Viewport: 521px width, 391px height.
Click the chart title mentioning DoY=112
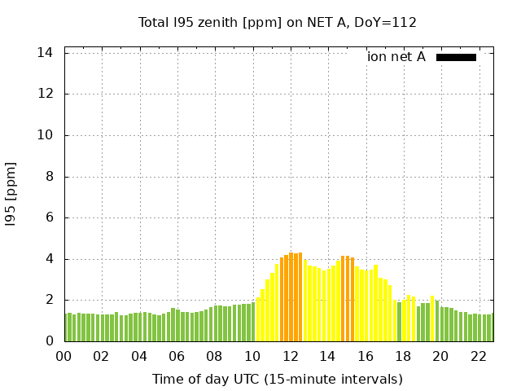coord(278,22)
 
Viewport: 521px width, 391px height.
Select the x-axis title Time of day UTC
coord(278,379)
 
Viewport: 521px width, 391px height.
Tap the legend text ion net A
coord(396,57)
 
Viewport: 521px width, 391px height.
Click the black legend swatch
coord(456,57)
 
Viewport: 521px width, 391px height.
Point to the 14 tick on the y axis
coord(46,52)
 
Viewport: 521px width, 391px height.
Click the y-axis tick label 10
coord(46,135)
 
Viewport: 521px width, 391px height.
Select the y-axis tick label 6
coord(49,217)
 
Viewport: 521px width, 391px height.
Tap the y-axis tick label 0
coord(49,341)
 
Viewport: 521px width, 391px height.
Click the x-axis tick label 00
coord(63,357)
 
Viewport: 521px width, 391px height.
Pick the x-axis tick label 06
coord(177,357)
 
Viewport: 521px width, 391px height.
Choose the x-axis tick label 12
coord(290,357)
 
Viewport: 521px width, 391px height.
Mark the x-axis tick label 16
coord(365,357)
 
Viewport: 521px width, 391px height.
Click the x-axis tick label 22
coord(478,357)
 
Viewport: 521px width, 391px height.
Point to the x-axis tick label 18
coord(402,357)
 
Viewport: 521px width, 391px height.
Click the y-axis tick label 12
coord(46,94)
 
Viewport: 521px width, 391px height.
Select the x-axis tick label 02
coord(101,357)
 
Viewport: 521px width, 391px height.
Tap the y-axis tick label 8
coord(49,177)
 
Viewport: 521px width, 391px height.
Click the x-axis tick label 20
coord(440,357)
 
